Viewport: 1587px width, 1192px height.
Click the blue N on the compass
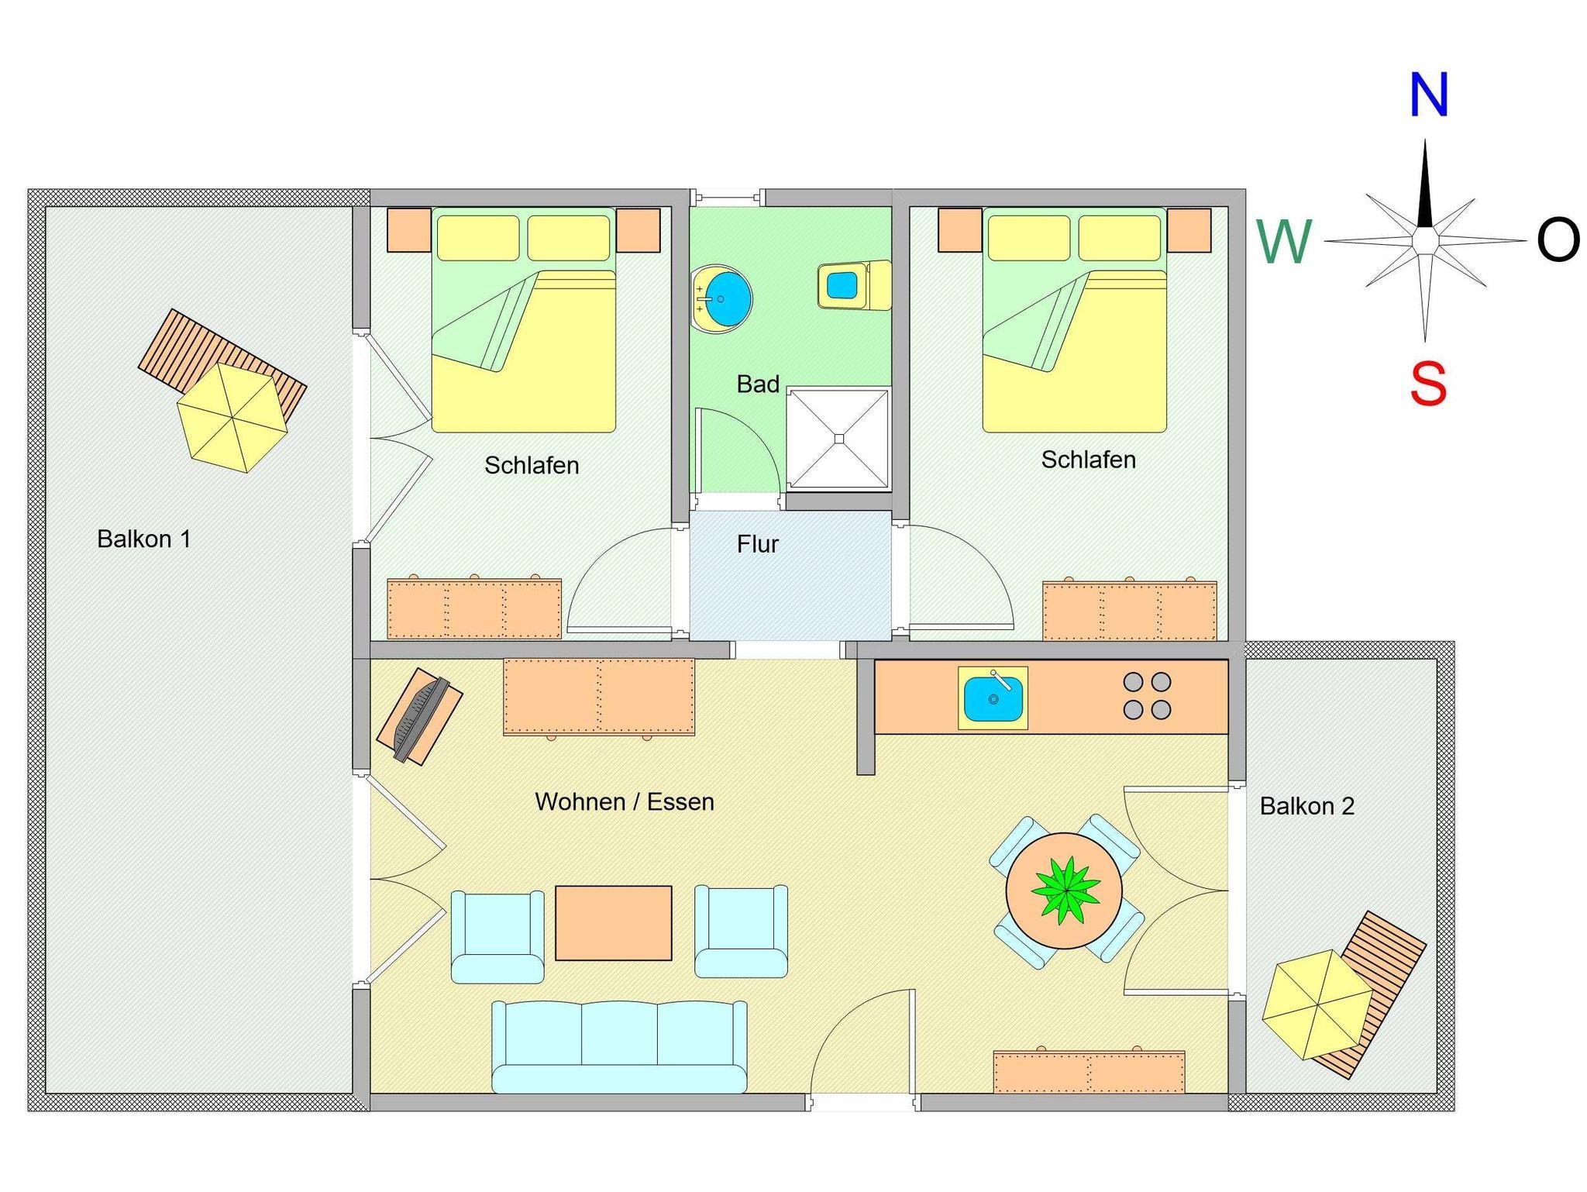(1428, 95)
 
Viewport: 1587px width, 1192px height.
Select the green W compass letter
(1284, 241)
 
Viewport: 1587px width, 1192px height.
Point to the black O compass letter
(1558, 239)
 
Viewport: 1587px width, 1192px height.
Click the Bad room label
(758, 384)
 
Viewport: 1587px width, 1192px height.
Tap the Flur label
(757, 544)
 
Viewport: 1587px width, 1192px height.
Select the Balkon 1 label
(144, 539)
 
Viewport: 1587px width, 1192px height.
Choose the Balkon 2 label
(1307, 806)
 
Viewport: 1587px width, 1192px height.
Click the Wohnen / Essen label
(625, 801)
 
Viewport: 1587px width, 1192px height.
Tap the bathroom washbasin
(721, 298)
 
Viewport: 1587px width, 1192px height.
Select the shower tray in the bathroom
(838, 439)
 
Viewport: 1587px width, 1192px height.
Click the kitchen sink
(993, 698)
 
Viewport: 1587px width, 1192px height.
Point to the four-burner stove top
(1147, 695)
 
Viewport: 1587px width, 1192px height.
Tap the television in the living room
(419, 718)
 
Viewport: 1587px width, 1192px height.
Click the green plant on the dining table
(1065, 891)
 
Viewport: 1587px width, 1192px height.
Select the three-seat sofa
(619, 1046)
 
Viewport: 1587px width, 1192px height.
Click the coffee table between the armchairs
(613, 923)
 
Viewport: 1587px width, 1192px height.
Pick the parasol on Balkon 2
(1317, 1004)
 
